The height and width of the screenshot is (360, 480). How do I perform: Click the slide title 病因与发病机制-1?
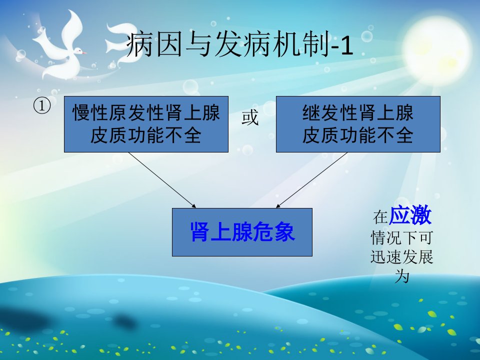[x=240, y=44]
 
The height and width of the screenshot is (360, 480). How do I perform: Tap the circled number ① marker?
[x=41, y=106]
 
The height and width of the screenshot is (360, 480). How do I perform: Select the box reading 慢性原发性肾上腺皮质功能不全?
[x=146, y=124]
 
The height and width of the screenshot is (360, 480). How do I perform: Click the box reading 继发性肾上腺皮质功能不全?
[x=358, y=124]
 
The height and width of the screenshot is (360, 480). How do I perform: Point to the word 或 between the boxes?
[x=250, y=118]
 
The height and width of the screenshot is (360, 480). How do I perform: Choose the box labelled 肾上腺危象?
[x=242, y=232]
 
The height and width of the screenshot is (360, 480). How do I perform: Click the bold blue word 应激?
[x=410, y=215]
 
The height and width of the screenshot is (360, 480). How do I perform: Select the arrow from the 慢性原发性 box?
[x=162, y=180]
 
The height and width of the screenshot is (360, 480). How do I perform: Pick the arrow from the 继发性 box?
[x=311, y=180]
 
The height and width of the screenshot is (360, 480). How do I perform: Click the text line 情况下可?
[x=401, y=237]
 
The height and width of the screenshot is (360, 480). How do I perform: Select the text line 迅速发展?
[x=401, y=257]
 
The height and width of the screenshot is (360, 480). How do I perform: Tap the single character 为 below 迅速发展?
[x=402, y=276]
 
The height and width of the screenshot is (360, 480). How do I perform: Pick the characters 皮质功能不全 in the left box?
[x=145, y=135]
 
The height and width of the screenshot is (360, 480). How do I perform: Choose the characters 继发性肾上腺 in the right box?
[x=358, y=112]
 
